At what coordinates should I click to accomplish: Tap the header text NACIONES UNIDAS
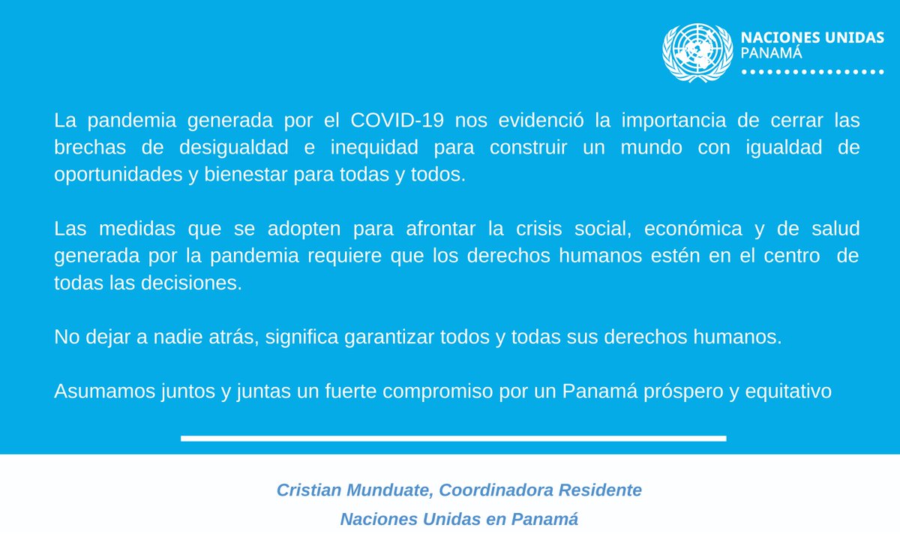[x=812, y=38]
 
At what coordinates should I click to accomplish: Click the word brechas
[x=88, y=148]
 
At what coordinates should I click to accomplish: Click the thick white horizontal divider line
[x=453, y=438]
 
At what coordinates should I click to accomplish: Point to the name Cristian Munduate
[x=354, y=490]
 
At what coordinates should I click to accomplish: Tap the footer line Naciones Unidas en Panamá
[x=459, y=519]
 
